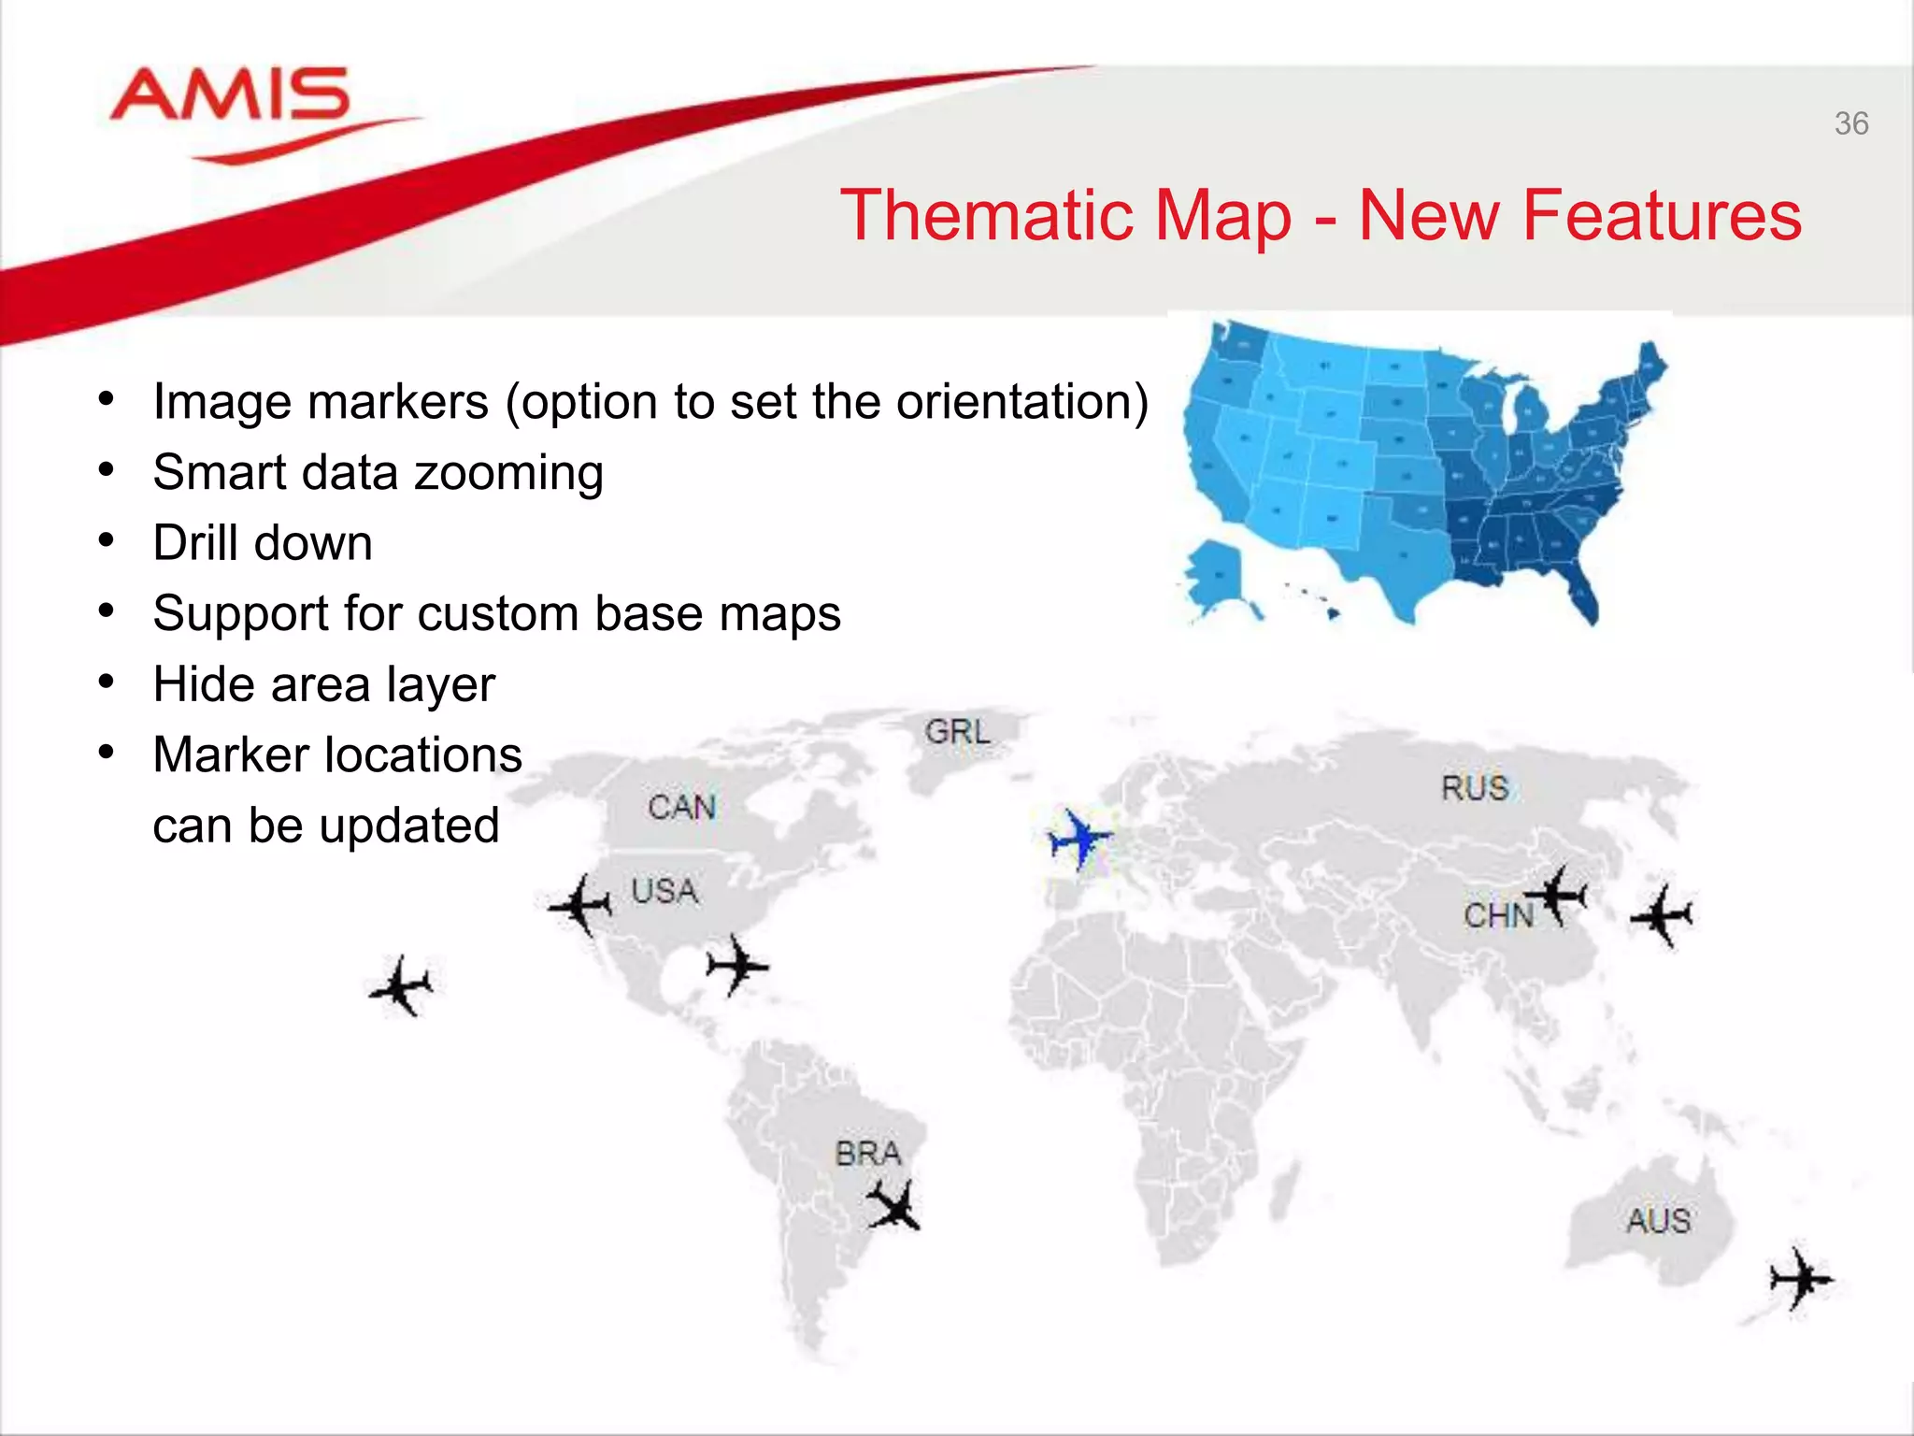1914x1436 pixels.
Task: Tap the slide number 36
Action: pos(1850,124)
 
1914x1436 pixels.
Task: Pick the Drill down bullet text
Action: pos(263,543)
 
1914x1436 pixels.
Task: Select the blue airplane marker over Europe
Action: pos(1079,839)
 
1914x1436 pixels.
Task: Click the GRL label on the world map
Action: pos(958,731)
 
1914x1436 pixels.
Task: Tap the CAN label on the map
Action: pos(682,807)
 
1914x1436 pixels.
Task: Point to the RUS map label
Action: pos(1475,788)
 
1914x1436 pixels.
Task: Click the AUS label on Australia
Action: pos(1659,1221)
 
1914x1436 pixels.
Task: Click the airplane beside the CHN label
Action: pos(1559,896)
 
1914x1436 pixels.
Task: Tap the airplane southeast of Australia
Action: pos(1800,1279)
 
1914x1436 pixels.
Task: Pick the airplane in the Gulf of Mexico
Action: pos(736,965)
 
